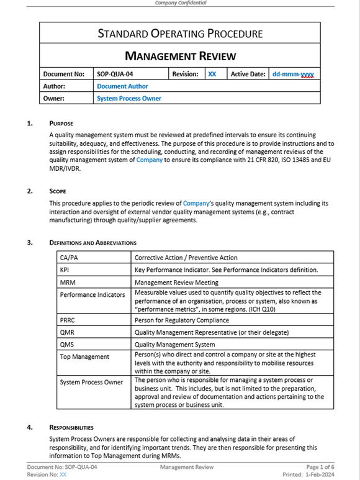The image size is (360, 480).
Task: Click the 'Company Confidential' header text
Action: tap(180, 3)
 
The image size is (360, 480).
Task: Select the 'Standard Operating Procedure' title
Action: tap(180, 34)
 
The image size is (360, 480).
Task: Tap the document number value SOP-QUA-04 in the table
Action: tap(115, 74)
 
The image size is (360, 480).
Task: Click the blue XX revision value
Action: tap(212, 74)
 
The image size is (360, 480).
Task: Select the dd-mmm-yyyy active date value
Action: tap(293, 74)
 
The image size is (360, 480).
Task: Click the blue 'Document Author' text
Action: tap(122, 86)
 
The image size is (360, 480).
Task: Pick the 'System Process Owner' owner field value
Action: tap(128, 98)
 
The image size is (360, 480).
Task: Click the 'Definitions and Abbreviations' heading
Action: tap(93, 242)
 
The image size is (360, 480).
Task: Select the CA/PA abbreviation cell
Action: tap(68, 258)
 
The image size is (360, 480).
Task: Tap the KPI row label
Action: tap(65, 270)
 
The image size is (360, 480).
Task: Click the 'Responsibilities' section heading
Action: tap(71, 427)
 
